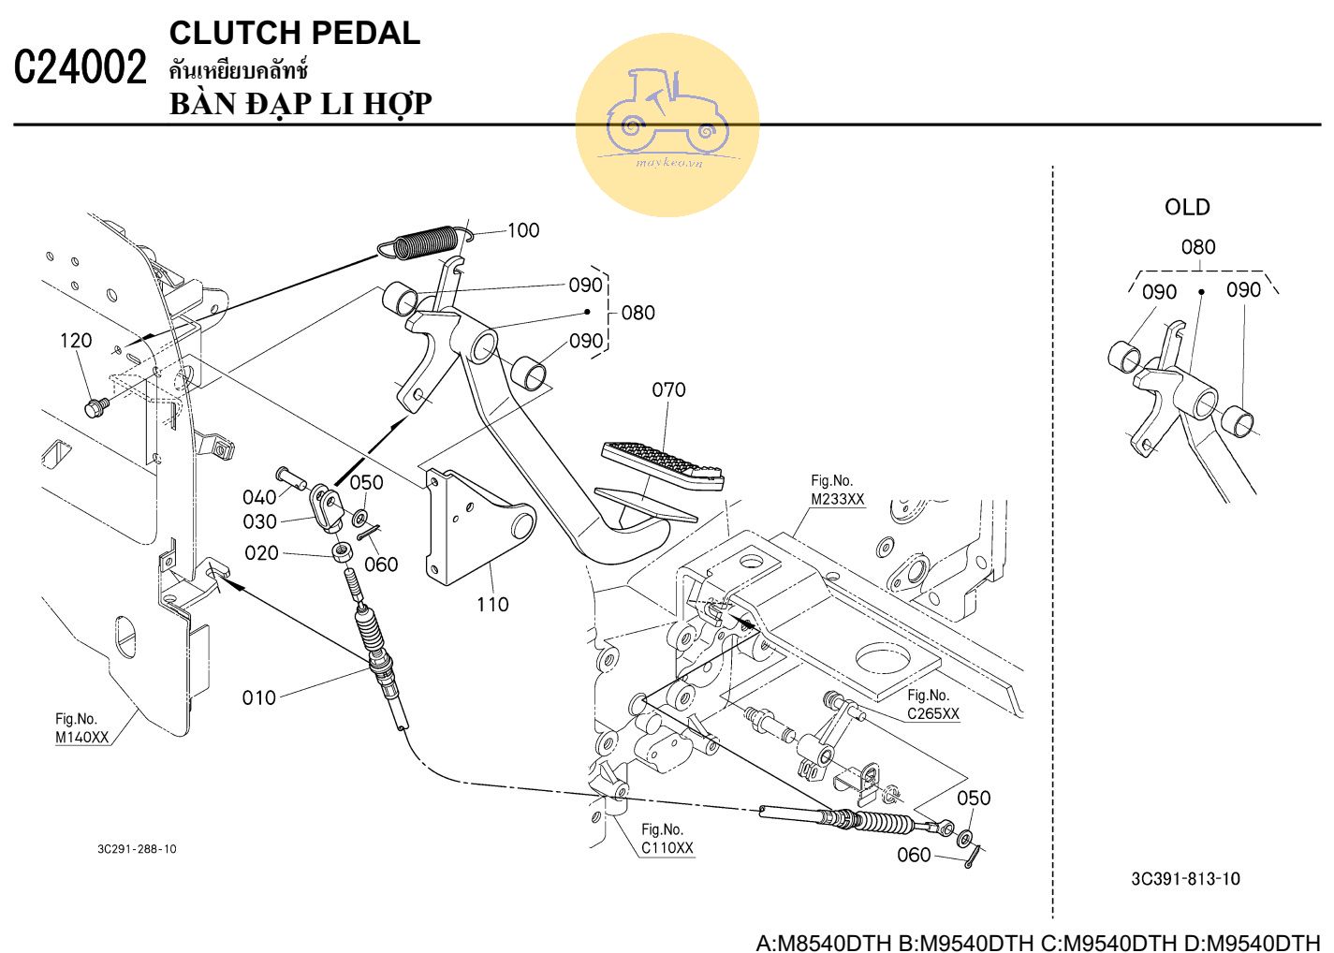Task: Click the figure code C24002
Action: pyautogui.click(x=81, y=68)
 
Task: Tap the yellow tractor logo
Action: pyautogui.click(x=667, y=125)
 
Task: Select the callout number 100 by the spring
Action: pyautogui.click(x=522, y=230)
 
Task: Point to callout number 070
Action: pyautogui.click(x=668, y=389)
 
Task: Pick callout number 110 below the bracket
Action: pyautogui.click(x=492, y=605)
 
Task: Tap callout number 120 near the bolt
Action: pyautogui.click(x=76, y=341)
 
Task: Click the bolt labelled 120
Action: pyautogui.click(x=95, y=407)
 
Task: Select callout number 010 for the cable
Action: pyautogui.click(x=259, y=697)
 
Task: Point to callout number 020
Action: pyautogui.click(x=261, y=553)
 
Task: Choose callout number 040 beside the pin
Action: pyautogui.click(x=259, y=497)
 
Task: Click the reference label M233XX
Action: pyautogui.click(x=837, y=499)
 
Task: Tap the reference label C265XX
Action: pyautogui.click(x=932, y=713)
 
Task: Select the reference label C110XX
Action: pyautogui.click(x=667, y=848)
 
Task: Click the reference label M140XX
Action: pyautogui.click(x=81, y=737)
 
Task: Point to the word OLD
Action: pyautogui.click(x=1187, y=207)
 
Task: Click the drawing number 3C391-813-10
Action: pyautogui.click(x=1185, y=878)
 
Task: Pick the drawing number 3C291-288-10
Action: pyautogui.click(x=137, y=849)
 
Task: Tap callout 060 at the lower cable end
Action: pyautogui.click(x=914, y=855)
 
